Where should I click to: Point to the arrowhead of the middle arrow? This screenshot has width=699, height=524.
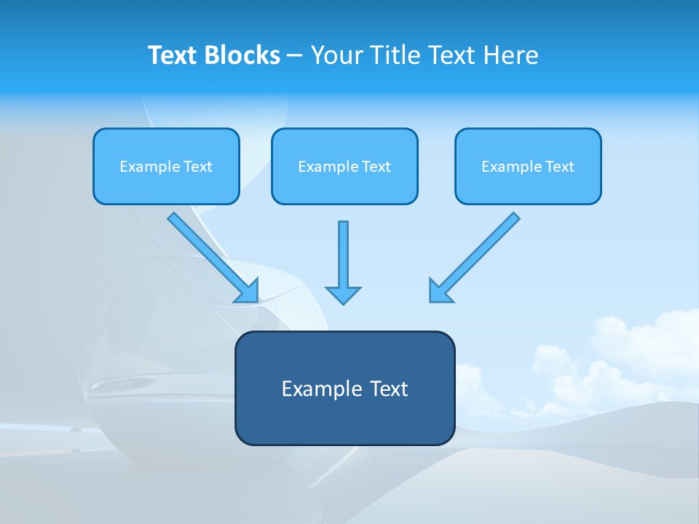pyautogui.click(x=343, y=294)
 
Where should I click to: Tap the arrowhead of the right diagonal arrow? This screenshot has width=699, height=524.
pyautogui.click(x=439, y=291)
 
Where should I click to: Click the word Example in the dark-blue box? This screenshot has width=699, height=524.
pyautogui.click(x=317, y=389)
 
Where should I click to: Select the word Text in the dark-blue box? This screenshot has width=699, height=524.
pyautogui.click(x=387, y=389)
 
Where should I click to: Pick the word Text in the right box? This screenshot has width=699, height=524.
pyautogui.click(x=560, y=167)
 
